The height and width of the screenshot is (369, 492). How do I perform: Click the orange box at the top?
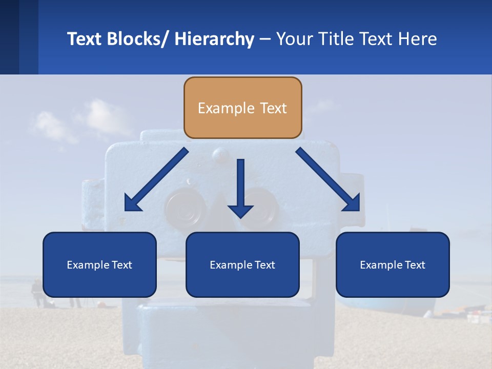tap(242, 108)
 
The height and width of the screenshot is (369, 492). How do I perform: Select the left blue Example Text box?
tap(99, 264)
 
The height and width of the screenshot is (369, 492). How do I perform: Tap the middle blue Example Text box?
tap(242, 264)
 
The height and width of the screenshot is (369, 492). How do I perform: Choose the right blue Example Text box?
tap(393, 264)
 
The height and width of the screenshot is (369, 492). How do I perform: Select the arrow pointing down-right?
tap(328, 180)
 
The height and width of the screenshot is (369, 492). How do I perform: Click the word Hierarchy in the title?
tap(214, 39)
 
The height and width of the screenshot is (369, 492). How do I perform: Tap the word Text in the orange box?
tap(272, 108)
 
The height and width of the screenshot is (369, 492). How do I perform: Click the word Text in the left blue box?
tap(122, 265)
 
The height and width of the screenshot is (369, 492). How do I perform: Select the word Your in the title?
tap(294, 39)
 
